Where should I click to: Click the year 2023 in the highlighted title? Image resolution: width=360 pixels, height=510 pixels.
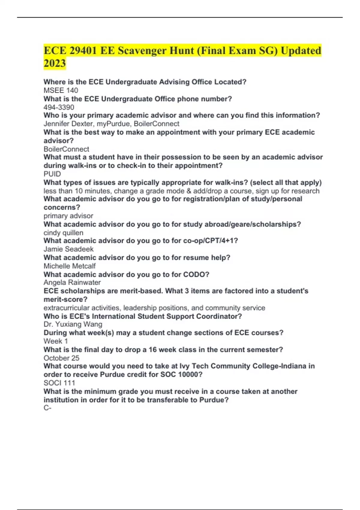click(55, 63)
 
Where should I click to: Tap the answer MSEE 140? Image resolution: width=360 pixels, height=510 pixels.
click(61, 90)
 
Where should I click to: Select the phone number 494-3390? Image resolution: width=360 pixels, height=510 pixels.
click(59, 107)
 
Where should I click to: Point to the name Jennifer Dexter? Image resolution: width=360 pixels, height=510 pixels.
click(68, 124)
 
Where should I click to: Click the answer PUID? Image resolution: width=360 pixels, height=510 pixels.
click(52, 174)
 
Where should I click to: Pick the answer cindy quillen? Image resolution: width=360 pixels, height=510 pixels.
click(63, 232)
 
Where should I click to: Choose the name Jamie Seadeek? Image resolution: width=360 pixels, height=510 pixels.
click(68, 249)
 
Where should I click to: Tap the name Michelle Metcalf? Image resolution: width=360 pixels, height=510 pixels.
click(70, 266)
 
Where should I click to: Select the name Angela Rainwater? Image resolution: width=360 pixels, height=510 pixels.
click(72, 282)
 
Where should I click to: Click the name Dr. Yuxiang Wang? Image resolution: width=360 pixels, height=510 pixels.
click(73, 324)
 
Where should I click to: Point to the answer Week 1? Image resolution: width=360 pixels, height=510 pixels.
click(56, 341)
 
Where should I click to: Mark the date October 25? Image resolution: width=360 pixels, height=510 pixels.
click(61, 358)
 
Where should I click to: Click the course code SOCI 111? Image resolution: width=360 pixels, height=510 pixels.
click(59, 383)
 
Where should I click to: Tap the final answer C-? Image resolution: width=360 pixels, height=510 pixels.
click(47, 408)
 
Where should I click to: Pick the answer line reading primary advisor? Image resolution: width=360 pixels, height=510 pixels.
click(68, 216)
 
